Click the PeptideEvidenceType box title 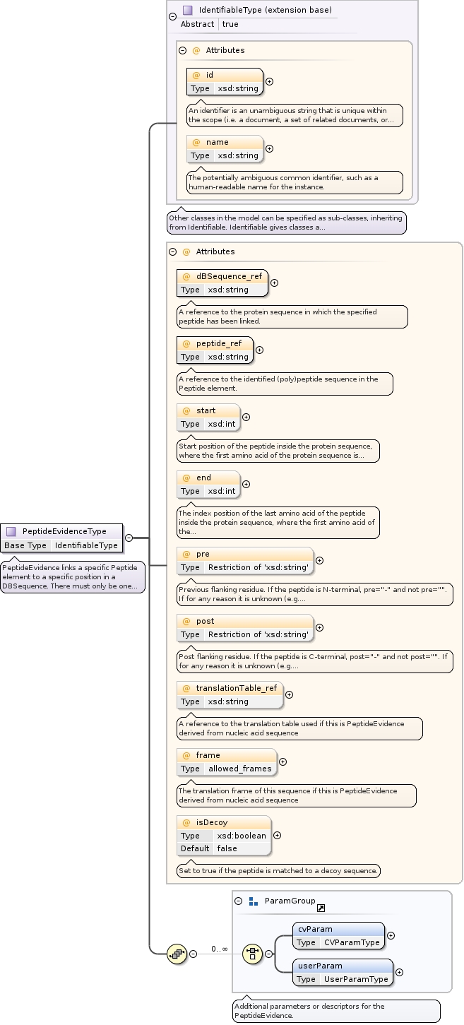pyautogui.click(x=64, y=531)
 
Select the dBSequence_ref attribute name pyautogui.click(x=229, y=276)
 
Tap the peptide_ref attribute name pyautogui.click(x=218, y=343)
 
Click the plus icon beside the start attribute pyautogui.click(x=246, y=417)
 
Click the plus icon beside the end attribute pyautogui.click(x=246, y=484)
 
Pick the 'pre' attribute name pyautogui.click(x=203, y=554)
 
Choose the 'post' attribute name pyautogui.click(x=205, y=621)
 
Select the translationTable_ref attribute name pyautogui.click(x=237, y=688)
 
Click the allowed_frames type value pyautogui.click(x=239, y=769)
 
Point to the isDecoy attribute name pyautogui.click(x=212, y=822)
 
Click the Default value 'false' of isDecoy pyautogui.click(x=227, y=848)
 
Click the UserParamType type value pyautogui.click(x=356, y=979)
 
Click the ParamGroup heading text pyautogui.click(x=290, y=901)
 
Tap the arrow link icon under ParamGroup pyautogui.click(x=321, y=908)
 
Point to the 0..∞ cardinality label pyautogui.click(x=219, y=949)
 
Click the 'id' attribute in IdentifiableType pyautogui.click(x=209, y=75)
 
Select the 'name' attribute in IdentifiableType pyautogui.click(x=217, y=142)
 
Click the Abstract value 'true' pyautogui.click(x=230, y=24)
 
